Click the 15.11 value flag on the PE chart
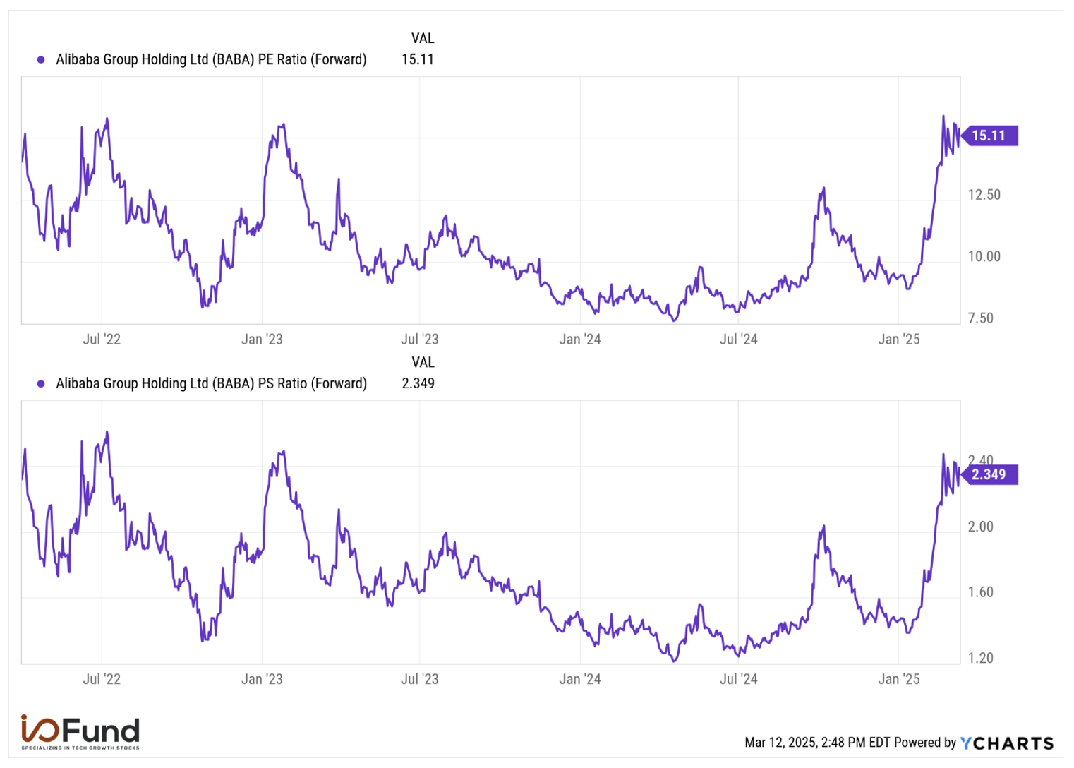click(989, 136)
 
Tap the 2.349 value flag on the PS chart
click(989, 474)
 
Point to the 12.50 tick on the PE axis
click(984, 195)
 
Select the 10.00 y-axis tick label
click(984, 256)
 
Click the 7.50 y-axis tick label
click(980, 318)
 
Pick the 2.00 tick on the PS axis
click(980, 527)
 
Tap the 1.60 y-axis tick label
click(980, 592)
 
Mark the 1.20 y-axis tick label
click(980, 658)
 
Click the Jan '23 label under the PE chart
click(262, 340)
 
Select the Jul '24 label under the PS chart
click(738, 679)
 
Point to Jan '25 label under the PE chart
click(898, 340)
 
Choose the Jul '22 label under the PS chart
click(102, 679)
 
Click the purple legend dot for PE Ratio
click(41, 60)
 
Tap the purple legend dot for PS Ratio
click(41, 384)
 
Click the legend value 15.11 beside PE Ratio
click(418, 59)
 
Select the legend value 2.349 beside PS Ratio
click(418, 383)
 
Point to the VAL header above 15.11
click(423, 38)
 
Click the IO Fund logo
click(80, 732)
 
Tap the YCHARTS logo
click(1007, 743)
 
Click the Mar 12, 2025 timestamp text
click(816, 743)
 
